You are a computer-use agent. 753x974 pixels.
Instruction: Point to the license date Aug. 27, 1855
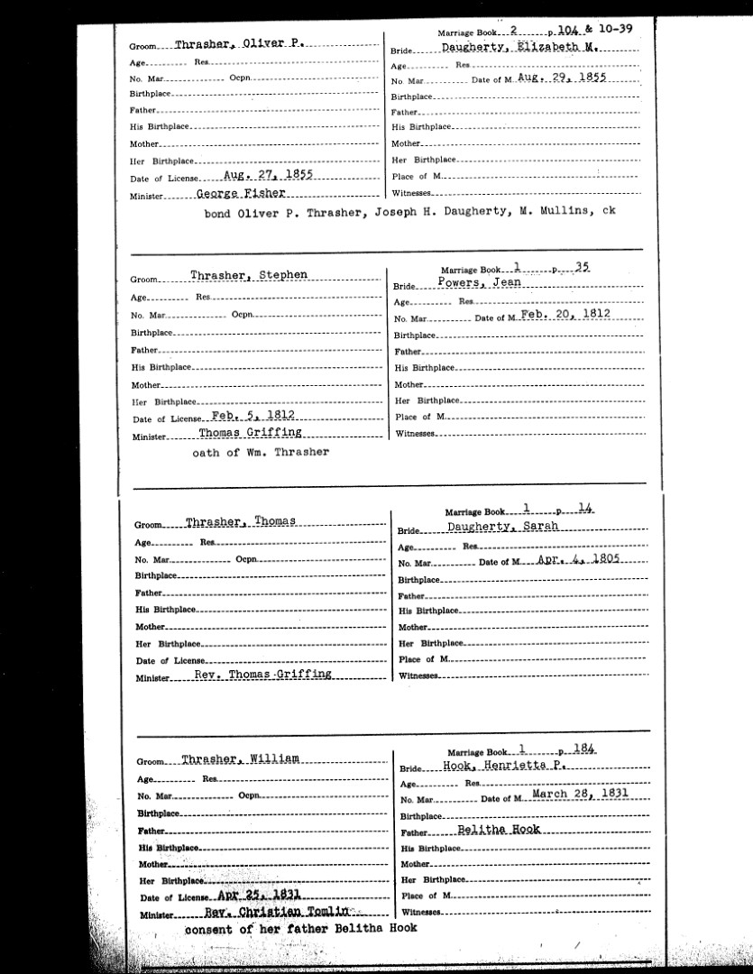coord(268,176)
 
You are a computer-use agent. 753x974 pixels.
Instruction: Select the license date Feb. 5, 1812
coord(253,416)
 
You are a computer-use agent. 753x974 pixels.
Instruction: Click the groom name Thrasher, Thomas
coord(241,522)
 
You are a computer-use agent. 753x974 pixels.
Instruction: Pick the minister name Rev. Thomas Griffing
coord(257,675)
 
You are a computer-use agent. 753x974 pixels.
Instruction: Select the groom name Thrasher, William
coord(239,758)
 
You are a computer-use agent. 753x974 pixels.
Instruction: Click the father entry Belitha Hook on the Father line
coord(499,830)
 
